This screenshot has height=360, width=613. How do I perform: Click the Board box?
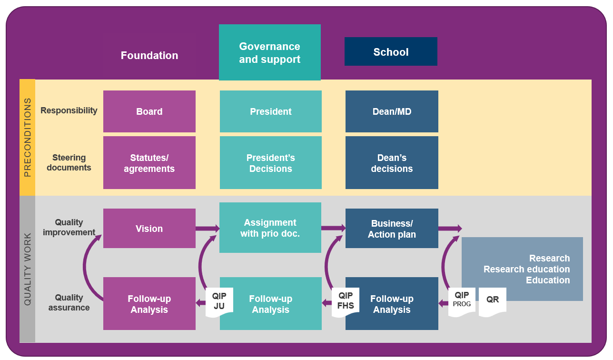click(x=149, y=111)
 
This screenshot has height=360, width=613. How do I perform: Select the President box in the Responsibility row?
click(x=270, y=111)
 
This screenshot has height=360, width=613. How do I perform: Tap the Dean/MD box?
click(x=392, y=111)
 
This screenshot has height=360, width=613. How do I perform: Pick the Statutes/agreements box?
click(x=149, y=163)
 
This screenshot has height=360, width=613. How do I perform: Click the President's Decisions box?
click(x=270, y=163)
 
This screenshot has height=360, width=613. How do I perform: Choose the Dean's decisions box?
click(x=392, y=163)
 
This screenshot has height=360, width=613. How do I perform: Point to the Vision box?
click(x=149, y=229)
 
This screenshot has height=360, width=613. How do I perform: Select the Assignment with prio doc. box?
click(x=270, y=228)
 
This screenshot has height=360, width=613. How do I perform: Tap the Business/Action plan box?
click(x=392, y=229)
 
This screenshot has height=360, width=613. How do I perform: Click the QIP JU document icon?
click(x=219, y=302)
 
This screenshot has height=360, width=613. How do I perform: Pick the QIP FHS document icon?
click(x=346, y=302)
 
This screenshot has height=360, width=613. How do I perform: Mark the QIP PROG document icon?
click(x=462, y=301)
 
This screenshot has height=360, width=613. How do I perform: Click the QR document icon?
click(x=493, y=301)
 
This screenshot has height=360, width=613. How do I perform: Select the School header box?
click(x=391, y=51)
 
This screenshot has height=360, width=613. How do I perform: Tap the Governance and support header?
click(x=270, y=52)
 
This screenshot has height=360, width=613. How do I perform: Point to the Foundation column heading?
click(x=149, y=55)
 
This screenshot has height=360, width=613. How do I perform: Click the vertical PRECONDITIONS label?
click(x=28, y=138)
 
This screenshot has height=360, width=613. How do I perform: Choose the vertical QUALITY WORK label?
click(x=28, y=269)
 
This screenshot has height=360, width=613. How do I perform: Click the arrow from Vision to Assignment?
click(x=208, y=229)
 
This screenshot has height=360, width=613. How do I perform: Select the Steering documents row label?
click(x=69, y=162)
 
